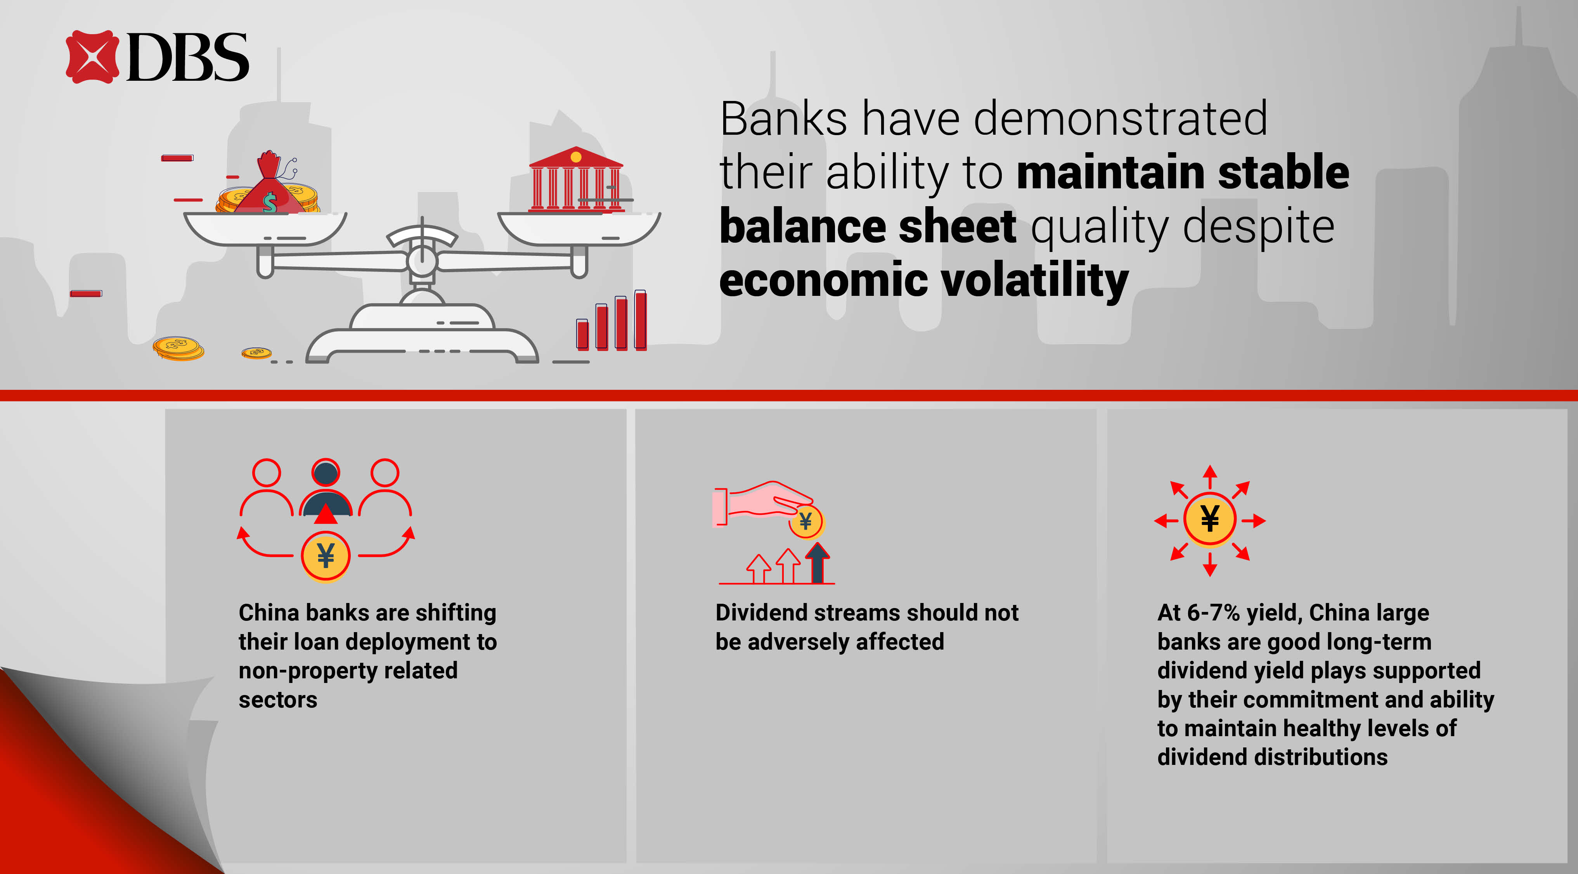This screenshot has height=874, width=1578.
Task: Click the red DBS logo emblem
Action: coord(92,56)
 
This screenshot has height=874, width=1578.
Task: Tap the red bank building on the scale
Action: coord(576,179)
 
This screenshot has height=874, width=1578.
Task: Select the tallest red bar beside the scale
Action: coord(640,320)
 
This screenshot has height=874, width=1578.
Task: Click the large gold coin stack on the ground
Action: coord(178,348)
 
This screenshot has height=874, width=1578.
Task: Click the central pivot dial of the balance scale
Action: coord(422,261)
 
